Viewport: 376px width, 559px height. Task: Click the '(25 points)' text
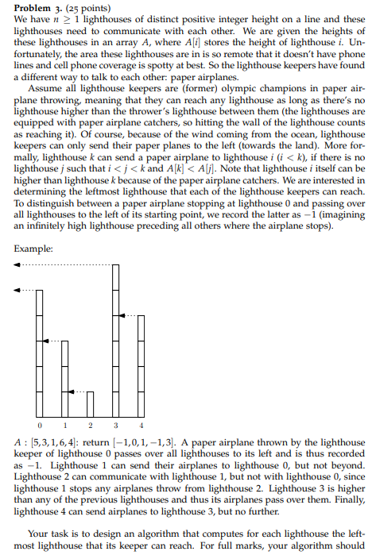86,9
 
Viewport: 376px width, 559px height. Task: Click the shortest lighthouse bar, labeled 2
90,403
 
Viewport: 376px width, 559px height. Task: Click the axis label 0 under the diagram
39,426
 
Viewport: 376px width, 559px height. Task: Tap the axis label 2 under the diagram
90,426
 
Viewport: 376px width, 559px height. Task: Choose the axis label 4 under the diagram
141,426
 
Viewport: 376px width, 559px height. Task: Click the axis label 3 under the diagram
115,426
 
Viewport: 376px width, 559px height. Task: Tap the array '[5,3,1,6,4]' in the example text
61,441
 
